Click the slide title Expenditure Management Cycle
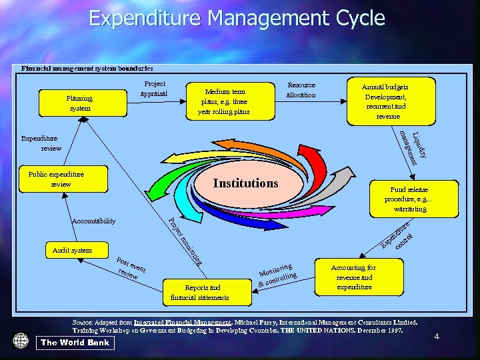click(x=237, y=18)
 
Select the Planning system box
click(x=79, y=103)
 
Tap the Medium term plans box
click(x=223, y=102)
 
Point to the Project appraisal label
click(x=155, y=89)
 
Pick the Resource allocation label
click(x=301, y=90)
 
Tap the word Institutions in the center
click(x=245, y=183)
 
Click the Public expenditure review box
click(x=61, y=179)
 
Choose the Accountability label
click(x=93, y=221)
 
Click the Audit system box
click(x=72, y=250)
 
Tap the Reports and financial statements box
click(x=199, y=292)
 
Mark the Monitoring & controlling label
click(x=276, y=275)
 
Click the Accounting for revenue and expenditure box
click(x=353, y=277)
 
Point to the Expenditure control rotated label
click(x=399, y=238)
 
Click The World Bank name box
click(x=75, y=343)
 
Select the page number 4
click(x=437, y=337)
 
